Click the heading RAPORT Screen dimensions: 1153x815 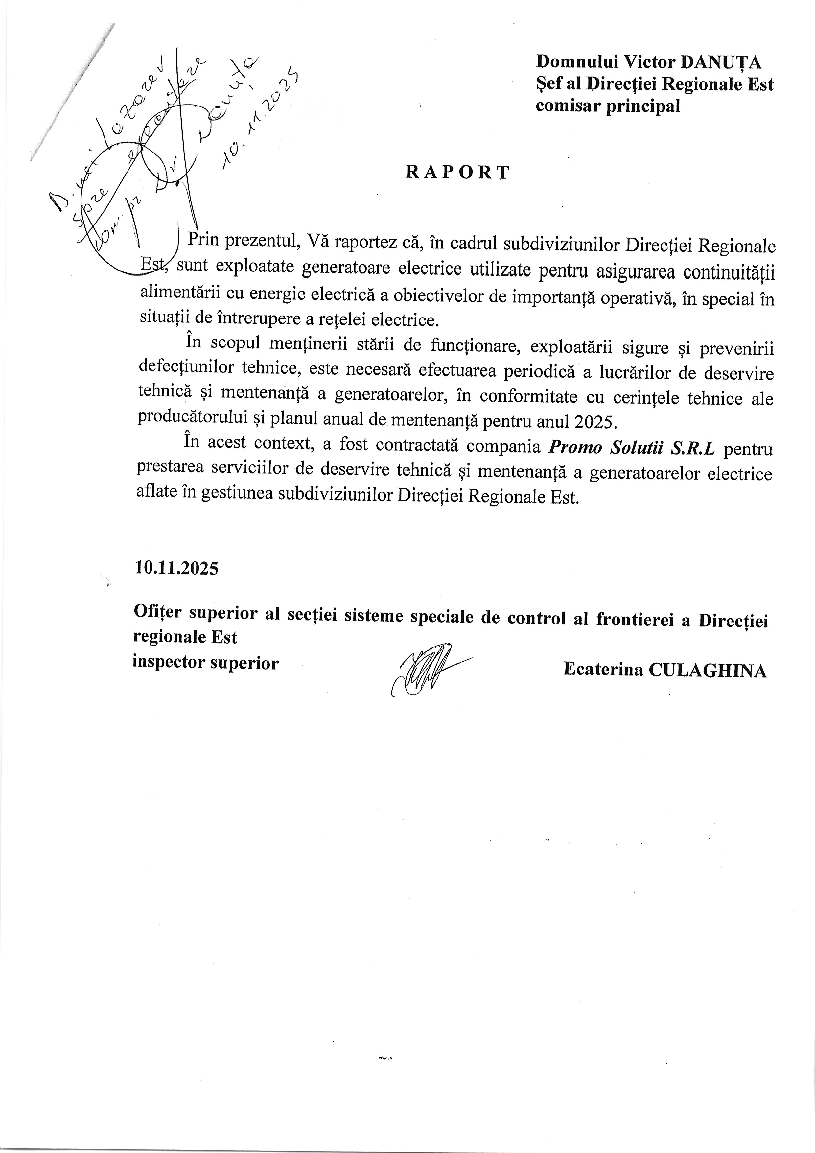click(457, 172)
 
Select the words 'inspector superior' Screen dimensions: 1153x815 click(205, 663)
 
